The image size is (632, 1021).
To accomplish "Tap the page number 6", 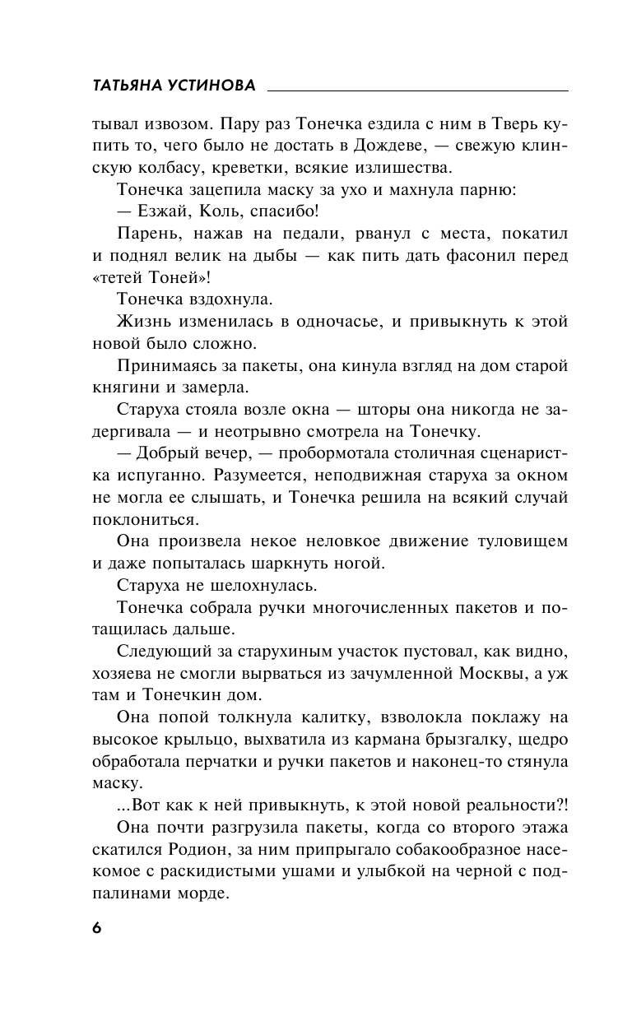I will click(x=96, y=927).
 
